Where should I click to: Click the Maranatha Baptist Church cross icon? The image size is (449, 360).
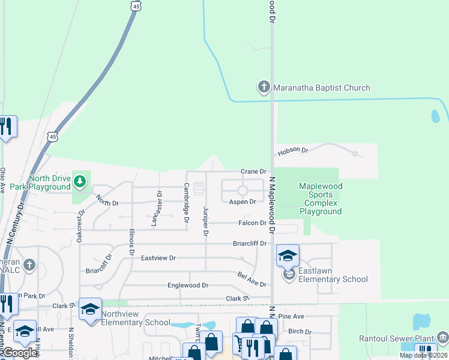264,88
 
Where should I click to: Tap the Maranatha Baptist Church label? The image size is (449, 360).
322,88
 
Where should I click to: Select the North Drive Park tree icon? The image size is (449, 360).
79,180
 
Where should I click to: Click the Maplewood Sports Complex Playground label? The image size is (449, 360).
321,199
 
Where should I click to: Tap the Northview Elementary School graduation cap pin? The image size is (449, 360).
90,309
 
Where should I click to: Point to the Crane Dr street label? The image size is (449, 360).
253,172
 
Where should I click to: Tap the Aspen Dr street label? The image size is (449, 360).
243,202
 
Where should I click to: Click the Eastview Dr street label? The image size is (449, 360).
158,258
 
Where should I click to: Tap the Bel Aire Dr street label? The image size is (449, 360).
252,279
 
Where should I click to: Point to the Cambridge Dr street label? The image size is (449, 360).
186,204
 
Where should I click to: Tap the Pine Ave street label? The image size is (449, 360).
292,316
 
